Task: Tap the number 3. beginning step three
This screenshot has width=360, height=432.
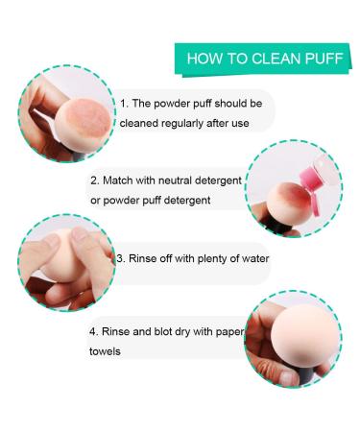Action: point(121,258)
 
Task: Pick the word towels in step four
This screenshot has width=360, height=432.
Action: point(107,352)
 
